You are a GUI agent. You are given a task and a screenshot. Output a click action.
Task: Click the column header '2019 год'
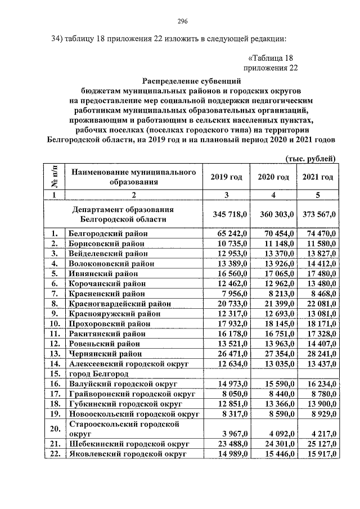[226, 177]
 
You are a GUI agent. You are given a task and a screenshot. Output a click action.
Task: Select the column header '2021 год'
[318, 177]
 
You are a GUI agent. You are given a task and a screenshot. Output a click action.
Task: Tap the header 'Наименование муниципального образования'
[133, 177]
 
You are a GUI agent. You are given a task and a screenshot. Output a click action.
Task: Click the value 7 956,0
[228, 293]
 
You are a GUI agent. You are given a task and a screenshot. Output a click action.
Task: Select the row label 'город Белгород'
[96, 374]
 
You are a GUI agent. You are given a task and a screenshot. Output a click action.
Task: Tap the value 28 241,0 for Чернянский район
[319, 354]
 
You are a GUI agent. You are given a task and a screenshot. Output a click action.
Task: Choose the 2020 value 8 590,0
[275, 415]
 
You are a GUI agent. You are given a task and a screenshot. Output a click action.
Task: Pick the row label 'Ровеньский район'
[105, 344]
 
